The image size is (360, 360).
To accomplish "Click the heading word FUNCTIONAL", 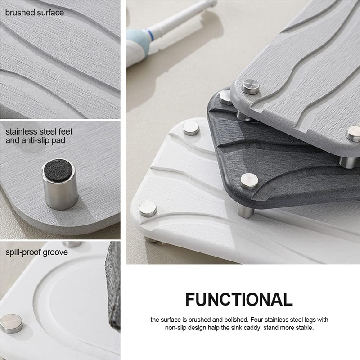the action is [x=239, y=299].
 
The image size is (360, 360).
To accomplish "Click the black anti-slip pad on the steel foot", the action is [x=58, y=171].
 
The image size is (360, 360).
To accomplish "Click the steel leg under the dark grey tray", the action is [x=245, y=211].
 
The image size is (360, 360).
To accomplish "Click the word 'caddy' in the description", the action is [x=252, y=328].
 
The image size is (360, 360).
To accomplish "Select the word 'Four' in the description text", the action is [x=256, y=319].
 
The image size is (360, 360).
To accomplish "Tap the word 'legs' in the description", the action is [x=310, y=320].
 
